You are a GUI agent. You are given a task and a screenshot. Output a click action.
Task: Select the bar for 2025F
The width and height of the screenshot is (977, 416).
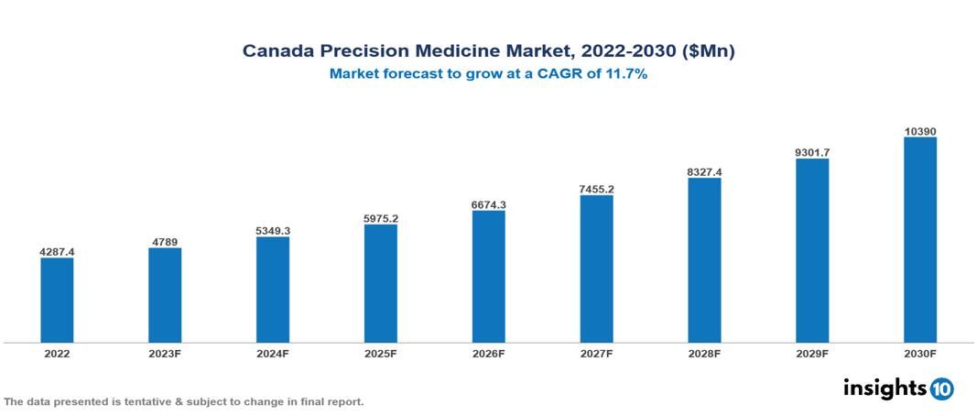(381, 283)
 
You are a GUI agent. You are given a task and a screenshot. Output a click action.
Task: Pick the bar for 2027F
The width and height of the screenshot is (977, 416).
(596, 268)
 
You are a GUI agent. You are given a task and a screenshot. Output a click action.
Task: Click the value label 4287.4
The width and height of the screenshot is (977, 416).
(57, 251)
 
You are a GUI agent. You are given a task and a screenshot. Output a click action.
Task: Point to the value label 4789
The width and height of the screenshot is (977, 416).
(165, 242)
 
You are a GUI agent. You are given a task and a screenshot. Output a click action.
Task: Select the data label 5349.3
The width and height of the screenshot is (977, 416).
(273, 230)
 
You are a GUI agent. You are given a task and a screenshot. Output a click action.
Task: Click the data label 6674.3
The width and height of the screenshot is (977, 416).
(489, 204)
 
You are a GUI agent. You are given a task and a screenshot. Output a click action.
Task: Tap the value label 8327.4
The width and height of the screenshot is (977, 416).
(704, 171)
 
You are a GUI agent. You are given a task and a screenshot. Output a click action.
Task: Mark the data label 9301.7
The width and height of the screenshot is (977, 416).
(812, 152)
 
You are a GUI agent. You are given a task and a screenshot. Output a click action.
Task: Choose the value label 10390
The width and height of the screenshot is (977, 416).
(920, 132)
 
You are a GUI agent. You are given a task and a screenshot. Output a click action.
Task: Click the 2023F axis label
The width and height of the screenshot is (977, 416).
(165, 353)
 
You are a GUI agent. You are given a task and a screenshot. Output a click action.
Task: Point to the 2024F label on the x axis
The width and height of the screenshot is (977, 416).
(273, 353)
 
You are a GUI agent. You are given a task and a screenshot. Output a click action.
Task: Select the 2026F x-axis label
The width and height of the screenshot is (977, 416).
(489, 353)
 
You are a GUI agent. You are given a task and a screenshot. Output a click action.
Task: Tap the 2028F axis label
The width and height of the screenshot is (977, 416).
(704, 353)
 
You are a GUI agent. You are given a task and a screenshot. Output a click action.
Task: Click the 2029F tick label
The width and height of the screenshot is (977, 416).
(812, 353)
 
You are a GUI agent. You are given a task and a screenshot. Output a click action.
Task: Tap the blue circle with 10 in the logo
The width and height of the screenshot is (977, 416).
(941, 389)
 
